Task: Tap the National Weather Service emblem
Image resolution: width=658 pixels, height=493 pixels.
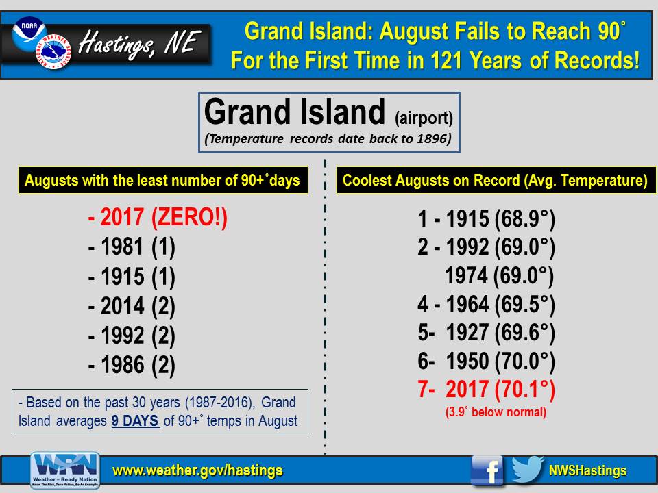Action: (x=53, y=51)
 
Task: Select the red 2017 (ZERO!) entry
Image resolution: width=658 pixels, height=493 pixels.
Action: (x=158, y=218)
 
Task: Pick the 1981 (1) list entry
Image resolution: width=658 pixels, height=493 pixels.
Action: (x=132, y=246)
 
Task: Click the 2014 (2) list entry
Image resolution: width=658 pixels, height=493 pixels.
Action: (x=132, y=306)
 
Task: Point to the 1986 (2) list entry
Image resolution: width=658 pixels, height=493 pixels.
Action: (x=132, y=365)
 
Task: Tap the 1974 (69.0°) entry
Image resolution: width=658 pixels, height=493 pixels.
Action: (x=500, y=276)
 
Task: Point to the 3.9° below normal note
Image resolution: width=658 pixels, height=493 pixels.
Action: (x=496, y=412)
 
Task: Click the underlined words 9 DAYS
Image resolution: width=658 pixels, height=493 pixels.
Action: (x=135, y=421)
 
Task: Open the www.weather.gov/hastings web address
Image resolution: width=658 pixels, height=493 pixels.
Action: (x=197, y=470)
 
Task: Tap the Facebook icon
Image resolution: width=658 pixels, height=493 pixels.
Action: (x=487, y=470)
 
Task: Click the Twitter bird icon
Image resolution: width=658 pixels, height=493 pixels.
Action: (x=527, y=470)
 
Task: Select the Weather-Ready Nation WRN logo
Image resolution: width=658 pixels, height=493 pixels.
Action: (x=65, y=470)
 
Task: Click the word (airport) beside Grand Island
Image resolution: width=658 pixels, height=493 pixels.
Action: (x=424, y=118)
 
